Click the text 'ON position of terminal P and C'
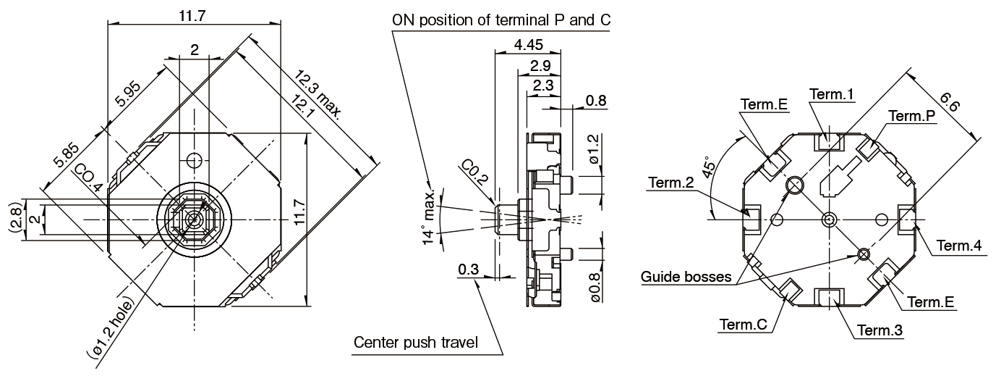click(500, 20)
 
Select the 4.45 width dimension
click(527, 44)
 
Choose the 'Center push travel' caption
click(416, 342)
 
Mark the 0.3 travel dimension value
click(469, 270)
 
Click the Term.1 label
click(832, 94)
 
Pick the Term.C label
click(743, 324)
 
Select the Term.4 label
click(960, 246)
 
